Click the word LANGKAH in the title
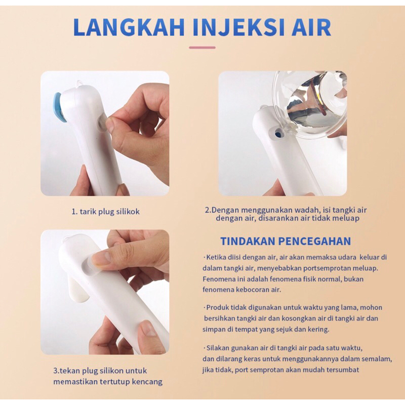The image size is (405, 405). tap(129, 27)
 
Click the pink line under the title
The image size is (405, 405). tap(202, 48)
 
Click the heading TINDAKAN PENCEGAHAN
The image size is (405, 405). tap(286, 241)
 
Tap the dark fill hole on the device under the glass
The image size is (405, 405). tap(278, 134)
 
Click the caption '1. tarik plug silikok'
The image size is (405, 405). tap(105, 212)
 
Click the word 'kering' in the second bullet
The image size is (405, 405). tap(318, 330)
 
